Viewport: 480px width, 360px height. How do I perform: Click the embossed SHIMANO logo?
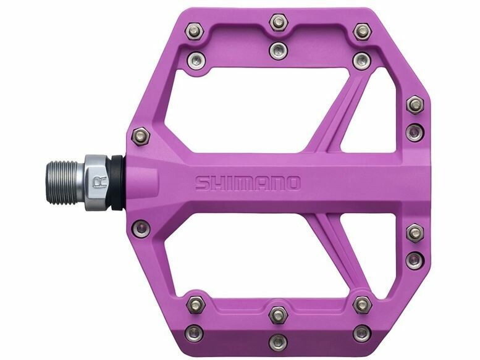[x=248, y=183]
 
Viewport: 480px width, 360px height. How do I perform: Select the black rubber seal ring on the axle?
[x=117, y=183]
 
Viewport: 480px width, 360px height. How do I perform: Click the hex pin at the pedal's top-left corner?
[x=195, y=31]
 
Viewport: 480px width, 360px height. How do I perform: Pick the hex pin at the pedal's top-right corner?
[x=362, y=31]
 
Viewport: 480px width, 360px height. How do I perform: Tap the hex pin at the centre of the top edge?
[x=278, y=22]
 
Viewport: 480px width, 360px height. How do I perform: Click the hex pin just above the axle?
[x=140, y=136]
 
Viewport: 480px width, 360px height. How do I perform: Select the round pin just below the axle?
[x=141, y=228]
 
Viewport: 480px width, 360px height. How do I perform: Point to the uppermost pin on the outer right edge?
[x=415, y=105]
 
